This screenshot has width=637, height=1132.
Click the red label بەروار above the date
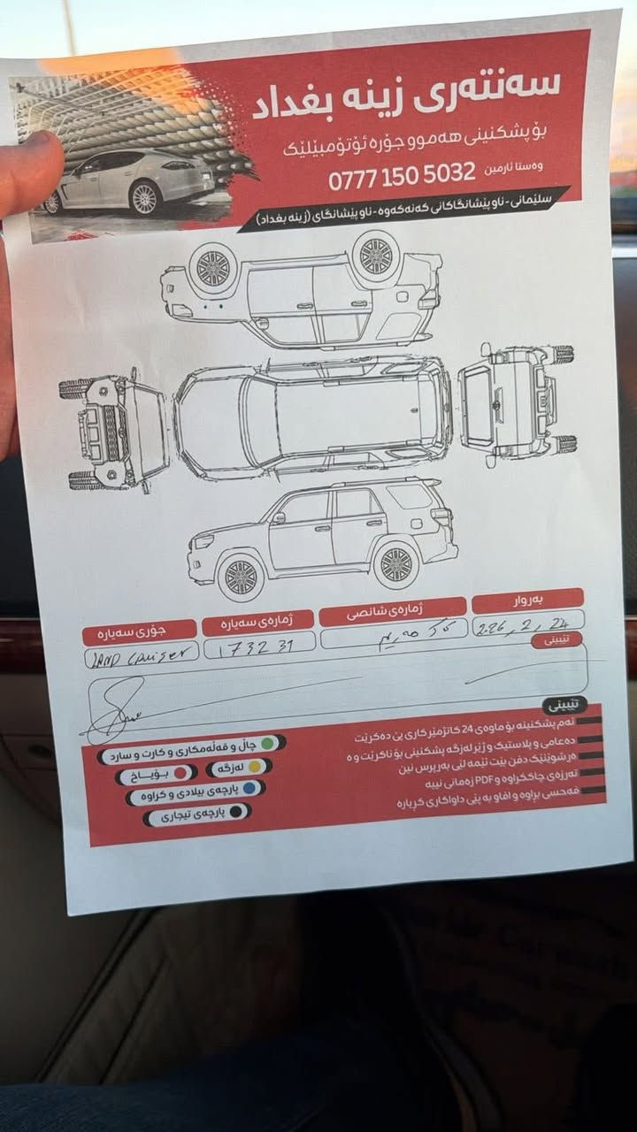(528, 600)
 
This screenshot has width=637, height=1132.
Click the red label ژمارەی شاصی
(391, 610)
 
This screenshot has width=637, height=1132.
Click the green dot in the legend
(267, 742)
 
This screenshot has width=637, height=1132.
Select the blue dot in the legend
(250, 787)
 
